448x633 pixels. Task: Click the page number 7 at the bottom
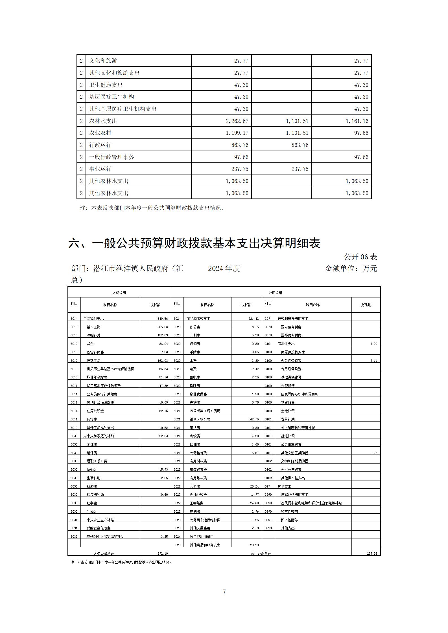224,592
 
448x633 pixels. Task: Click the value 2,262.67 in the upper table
237,121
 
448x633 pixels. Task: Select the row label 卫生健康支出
106,85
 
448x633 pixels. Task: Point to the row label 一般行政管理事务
112,157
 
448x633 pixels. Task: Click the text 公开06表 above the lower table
360,257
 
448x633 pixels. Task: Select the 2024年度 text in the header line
224,268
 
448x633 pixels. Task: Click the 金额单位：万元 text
351,268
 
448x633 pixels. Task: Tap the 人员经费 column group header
119,293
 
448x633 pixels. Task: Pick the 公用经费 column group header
275,293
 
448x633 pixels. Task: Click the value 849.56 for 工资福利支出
163,319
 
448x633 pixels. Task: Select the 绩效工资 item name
93,361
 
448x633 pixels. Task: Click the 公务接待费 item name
198,453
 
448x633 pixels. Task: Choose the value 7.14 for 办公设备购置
374,361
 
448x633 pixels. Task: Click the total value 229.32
372,553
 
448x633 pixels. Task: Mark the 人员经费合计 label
104,553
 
